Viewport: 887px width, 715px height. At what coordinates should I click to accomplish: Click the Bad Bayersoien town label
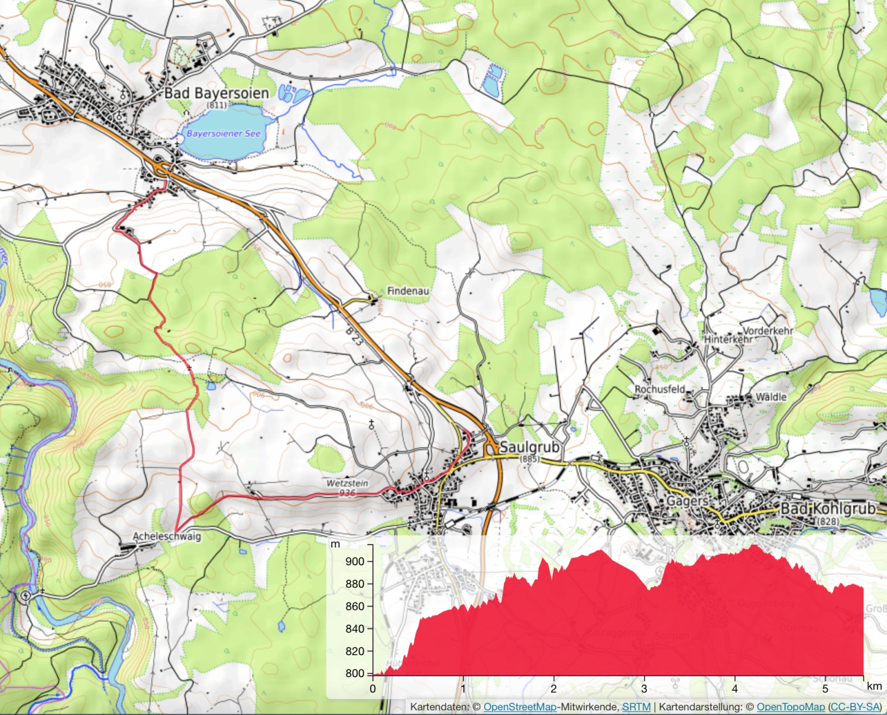click(x=216, y=94)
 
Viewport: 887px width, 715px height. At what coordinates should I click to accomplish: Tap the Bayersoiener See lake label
click(x=224, y=134)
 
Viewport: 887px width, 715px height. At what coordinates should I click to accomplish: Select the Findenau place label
click(x=408, y=291)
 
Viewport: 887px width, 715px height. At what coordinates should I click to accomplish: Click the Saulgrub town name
click(x=529, y=447)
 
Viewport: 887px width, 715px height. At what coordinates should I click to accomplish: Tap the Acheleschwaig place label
click(x=167, y=536)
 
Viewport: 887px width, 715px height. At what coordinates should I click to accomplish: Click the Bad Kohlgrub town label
click(x=828, y=509)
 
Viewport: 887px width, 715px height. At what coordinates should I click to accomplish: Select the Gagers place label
click(x=687, y=501)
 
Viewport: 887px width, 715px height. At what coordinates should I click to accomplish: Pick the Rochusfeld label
click(x=660, y=389)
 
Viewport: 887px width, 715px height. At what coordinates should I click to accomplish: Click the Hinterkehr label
click(x=728, y=340)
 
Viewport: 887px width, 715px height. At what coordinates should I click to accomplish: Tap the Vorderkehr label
click(x=768, y=331)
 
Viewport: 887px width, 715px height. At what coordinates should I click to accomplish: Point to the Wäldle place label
click(x=771, y=397)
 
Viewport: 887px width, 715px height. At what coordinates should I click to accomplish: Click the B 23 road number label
click(x=354, y=338)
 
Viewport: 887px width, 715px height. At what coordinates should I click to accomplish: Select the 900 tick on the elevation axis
click(x=355, y=561)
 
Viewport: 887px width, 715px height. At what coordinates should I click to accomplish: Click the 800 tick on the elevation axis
click(x=355, y=673)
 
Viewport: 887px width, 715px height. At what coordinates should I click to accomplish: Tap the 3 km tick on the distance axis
click(x=644, y=688)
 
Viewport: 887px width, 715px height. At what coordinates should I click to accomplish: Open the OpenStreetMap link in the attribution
click(x=520, y=707)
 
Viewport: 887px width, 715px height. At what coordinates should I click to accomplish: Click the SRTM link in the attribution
click(x=636, y=707)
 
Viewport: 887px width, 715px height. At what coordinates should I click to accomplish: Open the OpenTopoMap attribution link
click(x=791, y=707)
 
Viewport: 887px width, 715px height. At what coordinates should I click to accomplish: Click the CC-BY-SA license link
click(x=855, y=707)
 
